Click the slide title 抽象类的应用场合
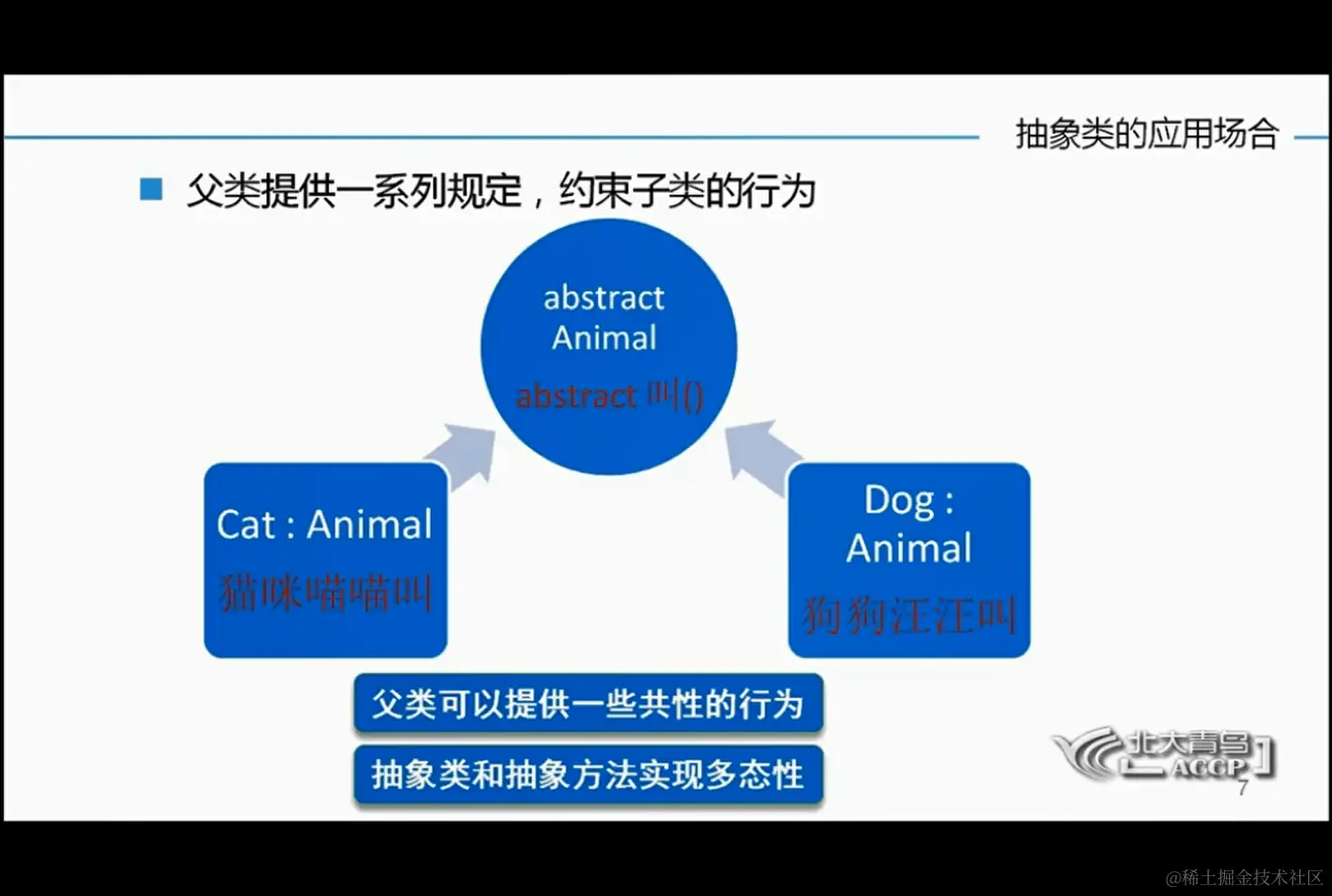(1147, 134)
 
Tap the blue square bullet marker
(152, 190)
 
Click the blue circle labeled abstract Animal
(608, 347)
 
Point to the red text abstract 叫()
(610, 396)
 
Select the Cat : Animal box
(325, 560)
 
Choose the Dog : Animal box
(909, 560)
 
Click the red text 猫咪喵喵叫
(325, 593)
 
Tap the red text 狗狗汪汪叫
(909, 616)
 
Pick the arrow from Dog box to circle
(761, 456)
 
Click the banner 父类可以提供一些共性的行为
(588, 704)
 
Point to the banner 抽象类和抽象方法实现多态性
(588, 775)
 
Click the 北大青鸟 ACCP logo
(1163, 754)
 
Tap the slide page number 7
(1243, 788)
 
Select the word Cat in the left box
(247, 525)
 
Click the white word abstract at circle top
(603, 297)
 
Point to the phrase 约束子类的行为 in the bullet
(687, 191)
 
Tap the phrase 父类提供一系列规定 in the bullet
(355, 191)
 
